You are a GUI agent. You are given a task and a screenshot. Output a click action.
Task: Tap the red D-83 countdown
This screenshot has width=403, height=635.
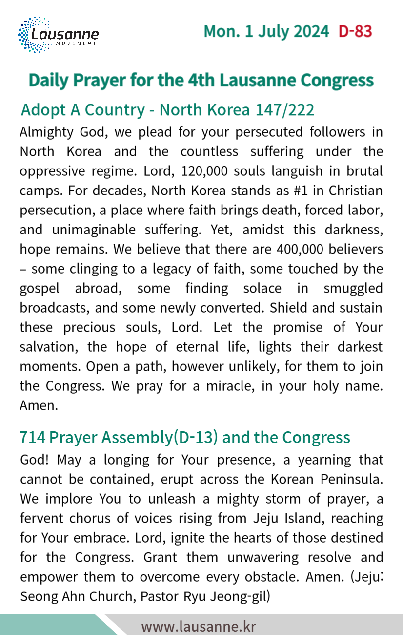pos(355,31)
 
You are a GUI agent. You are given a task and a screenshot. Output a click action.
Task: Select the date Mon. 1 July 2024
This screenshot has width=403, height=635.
pos(266,31)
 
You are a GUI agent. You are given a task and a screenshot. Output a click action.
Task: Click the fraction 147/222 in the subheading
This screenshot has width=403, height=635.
pos(285,110)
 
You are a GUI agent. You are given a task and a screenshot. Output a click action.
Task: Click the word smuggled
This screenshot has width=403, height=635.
pos(353,288)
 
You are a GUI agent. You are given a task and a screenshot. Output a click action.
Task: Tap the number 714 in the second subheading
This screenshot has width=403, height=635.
pos(32,437)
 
